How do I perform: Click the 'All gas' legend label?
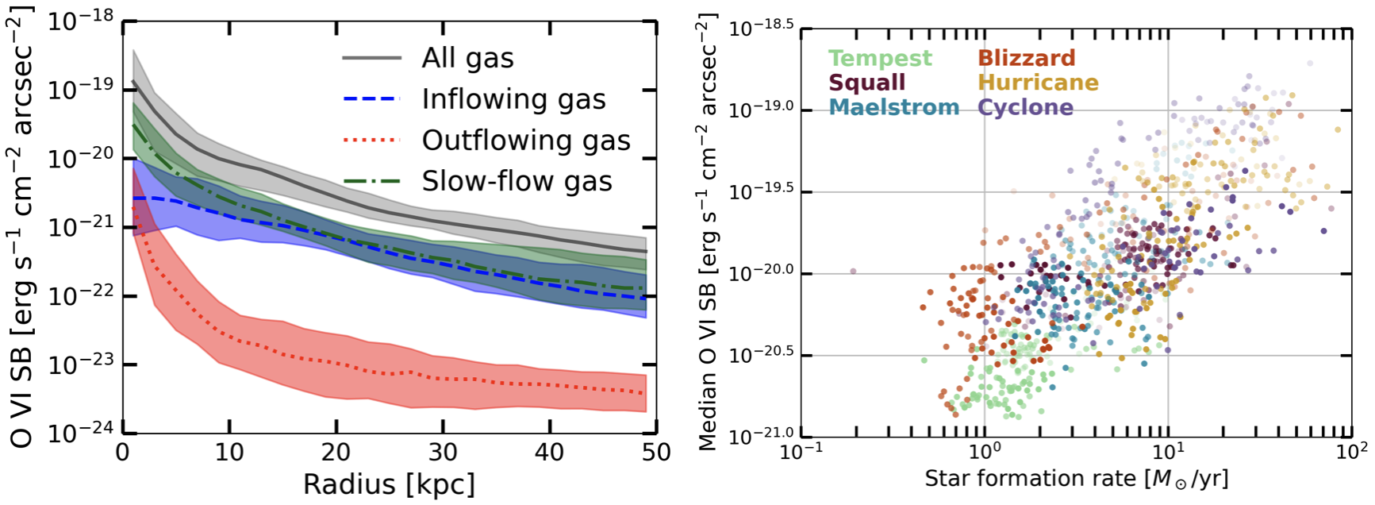467,58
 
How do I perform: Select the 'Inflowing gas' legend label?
513,99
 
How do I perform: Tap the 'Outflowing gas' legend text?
525,141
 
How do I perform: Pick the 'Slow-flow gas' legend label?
517,182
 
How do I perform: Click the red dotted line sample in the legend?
371,141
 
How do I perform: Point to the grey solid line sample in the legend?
371,58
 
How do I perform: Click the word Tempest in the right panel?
880,58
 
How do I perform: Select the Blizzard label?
1026,58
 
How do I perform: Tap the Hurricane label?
1038,83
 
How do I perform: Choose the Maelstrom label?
893,107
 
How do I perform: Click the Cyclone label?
1025,107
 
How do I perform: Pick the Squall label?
866,83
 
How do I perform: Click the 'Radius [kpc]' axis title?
389,484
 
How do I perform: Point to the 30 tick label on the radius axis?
443,453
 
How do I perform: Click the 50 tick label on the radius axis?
656,453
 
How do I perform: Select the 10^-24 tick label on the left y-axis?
80,433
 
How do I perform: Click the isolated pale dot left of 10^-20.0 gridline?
853,271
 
